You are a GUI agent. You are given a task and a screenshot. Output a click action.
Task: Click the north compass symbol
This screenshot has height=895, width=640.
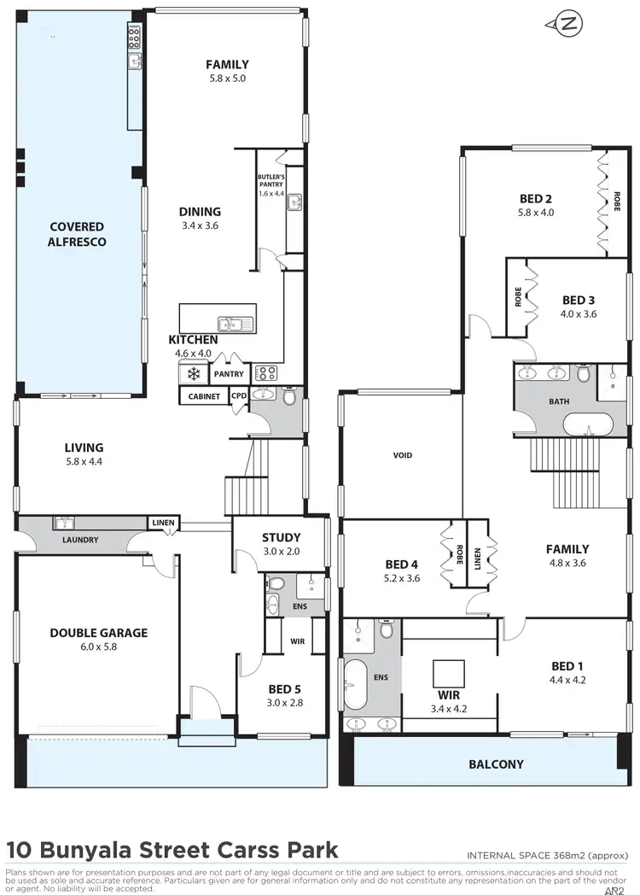[x=567, y=24]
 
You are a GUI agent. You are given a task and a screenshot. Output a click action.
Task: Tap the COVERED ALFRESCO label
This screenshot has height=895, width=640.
[x=77, y=234]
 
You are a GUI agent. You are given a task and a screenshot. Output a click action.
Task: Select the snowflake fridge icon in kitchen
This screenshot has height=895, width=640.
[x=194, y=374]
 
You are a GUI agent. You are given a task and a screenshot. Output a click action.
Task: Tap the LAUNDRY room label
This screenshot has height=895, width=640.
[x=80, y=540]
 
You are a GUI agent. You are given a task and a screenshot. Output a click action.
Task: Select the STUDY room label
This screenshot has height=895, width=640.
[x=281, y=537]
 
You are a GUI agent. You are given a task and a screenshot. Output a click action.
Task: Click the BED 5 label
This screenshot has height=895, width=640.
[x=284, y=689]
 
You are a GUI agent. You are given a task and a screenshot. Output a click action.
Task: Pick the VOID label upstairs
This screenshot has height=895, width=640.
[x=402, y=455]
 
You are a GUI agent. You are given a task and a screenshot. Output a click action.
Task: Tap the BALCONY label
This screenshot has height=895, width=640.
[x=496, y=763]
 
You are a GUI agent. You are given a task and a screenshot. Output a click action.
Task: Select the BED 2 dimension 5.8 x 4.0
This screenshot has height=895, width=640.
[x=537, y=213]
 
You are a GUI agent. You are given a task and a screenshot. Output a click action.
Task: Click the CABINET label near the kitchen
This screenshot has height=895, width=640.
[x=203, y=396]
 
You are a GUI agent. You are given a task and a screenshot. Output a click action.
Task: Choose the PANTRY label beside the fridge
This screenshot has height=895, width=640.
[x=229, y=374]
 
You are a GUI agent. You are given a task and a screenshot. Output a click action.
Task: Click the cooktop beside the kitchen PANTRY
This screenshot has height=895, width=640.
[x=266, y=373]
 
